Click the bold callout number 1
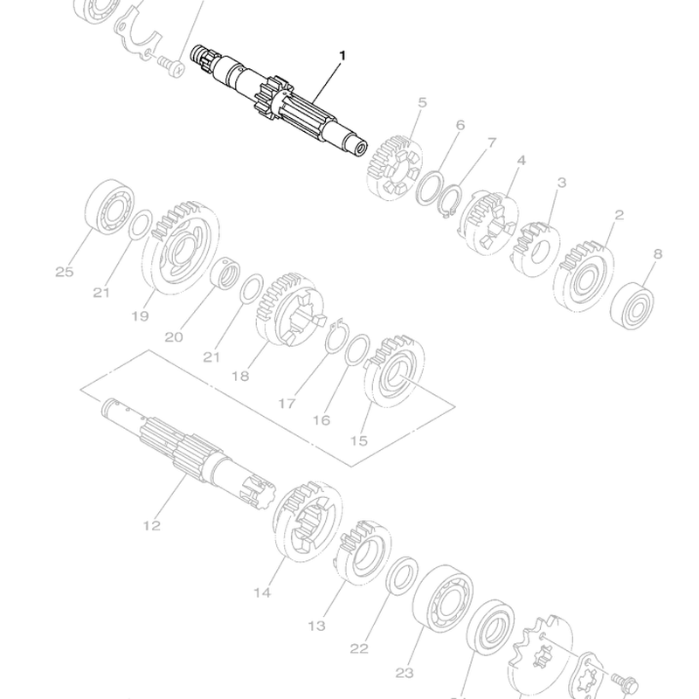coord(343,56)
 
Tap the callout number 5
coord(422,102)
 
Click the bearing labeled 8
coord(632,307)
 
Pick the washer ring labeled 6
coord(430,189)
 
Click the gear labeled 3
coord(535,250)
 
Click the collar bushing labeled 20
coord(225,273)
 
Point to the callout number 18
coord(241,377)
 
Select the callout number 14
coord(262,593)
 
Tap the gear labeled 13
coord(363,553)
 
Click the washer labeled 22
coord(401,576)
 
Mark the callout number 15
coord(359,441)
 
